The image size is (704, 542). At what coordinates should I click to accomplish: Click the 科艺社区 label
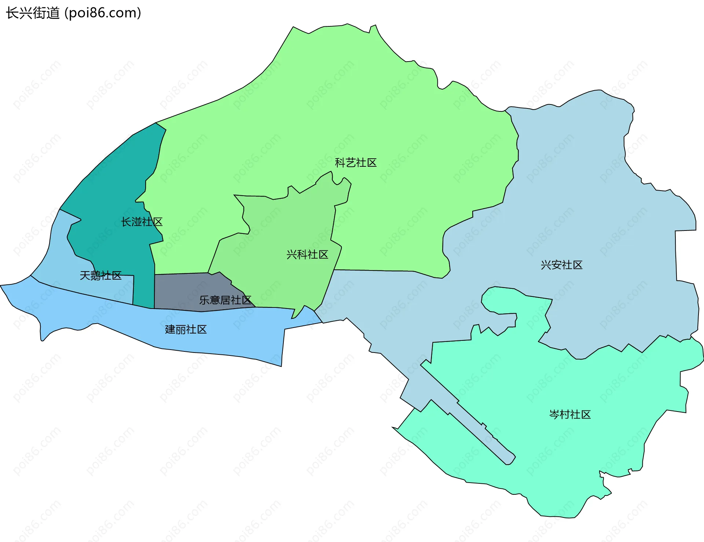coord(356,163)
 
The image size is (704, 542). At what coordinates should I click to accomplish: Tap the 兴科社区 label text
coord(307,254)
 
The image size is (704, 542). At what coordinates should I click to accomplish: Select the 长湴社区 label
coord(142,222)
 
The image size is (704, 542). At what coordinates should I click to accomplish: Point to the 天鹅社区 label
coord(101,275)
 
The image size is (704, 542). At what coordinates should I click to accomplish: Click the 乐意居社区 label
coord(225,300)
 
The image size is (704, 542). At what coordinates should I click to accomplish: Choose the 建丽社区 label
coord(186,329)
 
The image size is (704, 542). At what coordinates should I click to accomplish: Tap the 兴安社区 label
coord(561,265)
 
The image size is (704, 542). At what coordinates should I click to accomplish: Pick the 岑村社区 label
coord(570,414)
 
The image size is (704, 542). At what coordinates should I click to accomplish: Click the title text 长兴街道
coord(33,13)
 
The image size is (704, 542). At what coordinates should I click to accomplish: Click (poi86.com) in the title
coord(103,13)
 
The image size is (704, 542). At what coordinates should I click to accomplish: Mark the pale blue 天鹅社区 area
coord(59,257)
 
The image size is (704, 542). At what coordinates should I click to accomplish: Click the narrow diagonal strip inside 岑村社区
coord(477,429)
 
